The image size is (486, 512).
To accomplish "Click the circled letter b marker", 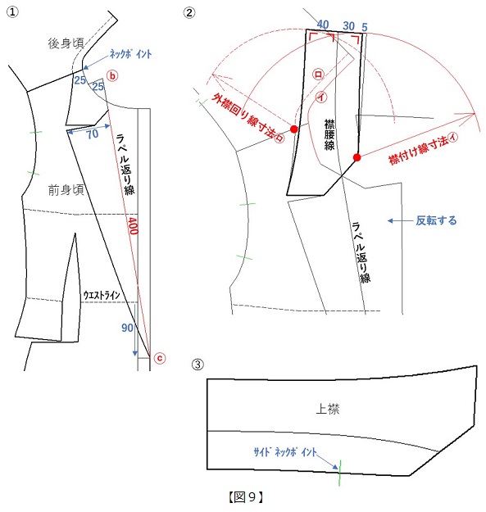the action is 112,76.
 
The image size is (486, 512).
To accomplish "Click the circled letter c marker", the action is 160,358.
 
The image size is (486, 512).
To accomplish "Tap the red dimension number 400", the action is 132,225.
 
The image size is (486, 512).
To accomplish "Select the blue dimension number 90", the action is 127,328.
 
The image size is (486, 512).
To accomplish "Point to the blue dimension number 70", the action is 93,134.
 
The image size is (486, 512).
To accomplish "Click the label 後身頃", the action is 66,43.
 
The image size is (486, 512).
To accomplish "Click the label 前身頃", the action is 66,190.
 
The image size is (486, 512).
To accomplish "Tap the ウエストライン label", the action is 102,295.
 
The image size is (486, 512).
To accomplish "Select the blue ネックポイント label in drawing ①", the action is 130,53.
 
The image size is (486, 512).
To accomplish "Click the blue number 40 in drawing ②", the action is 323,24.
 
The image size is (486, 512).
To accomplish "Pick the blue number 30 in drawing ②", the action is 348,25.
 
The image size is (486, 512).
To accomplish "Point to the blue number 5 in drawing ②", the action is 365,27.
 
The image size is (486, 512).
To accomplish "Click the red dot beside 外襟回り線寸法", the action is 294,129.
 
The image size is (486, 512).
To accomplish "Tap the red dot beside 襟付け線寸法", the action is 357,157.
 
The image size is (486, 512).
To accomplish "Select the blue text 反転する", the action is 436,220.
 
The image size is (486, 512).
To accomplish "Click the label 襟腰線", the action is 329,134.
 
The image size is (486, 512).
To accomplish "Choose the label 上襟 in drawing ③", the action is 328,409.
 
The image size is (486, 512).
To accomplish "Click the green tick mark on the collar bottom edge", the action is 339,473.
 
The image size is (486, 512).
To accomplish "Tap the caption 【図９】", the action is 246,496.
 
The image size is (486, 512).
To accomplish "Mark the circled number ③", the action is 198,364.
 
